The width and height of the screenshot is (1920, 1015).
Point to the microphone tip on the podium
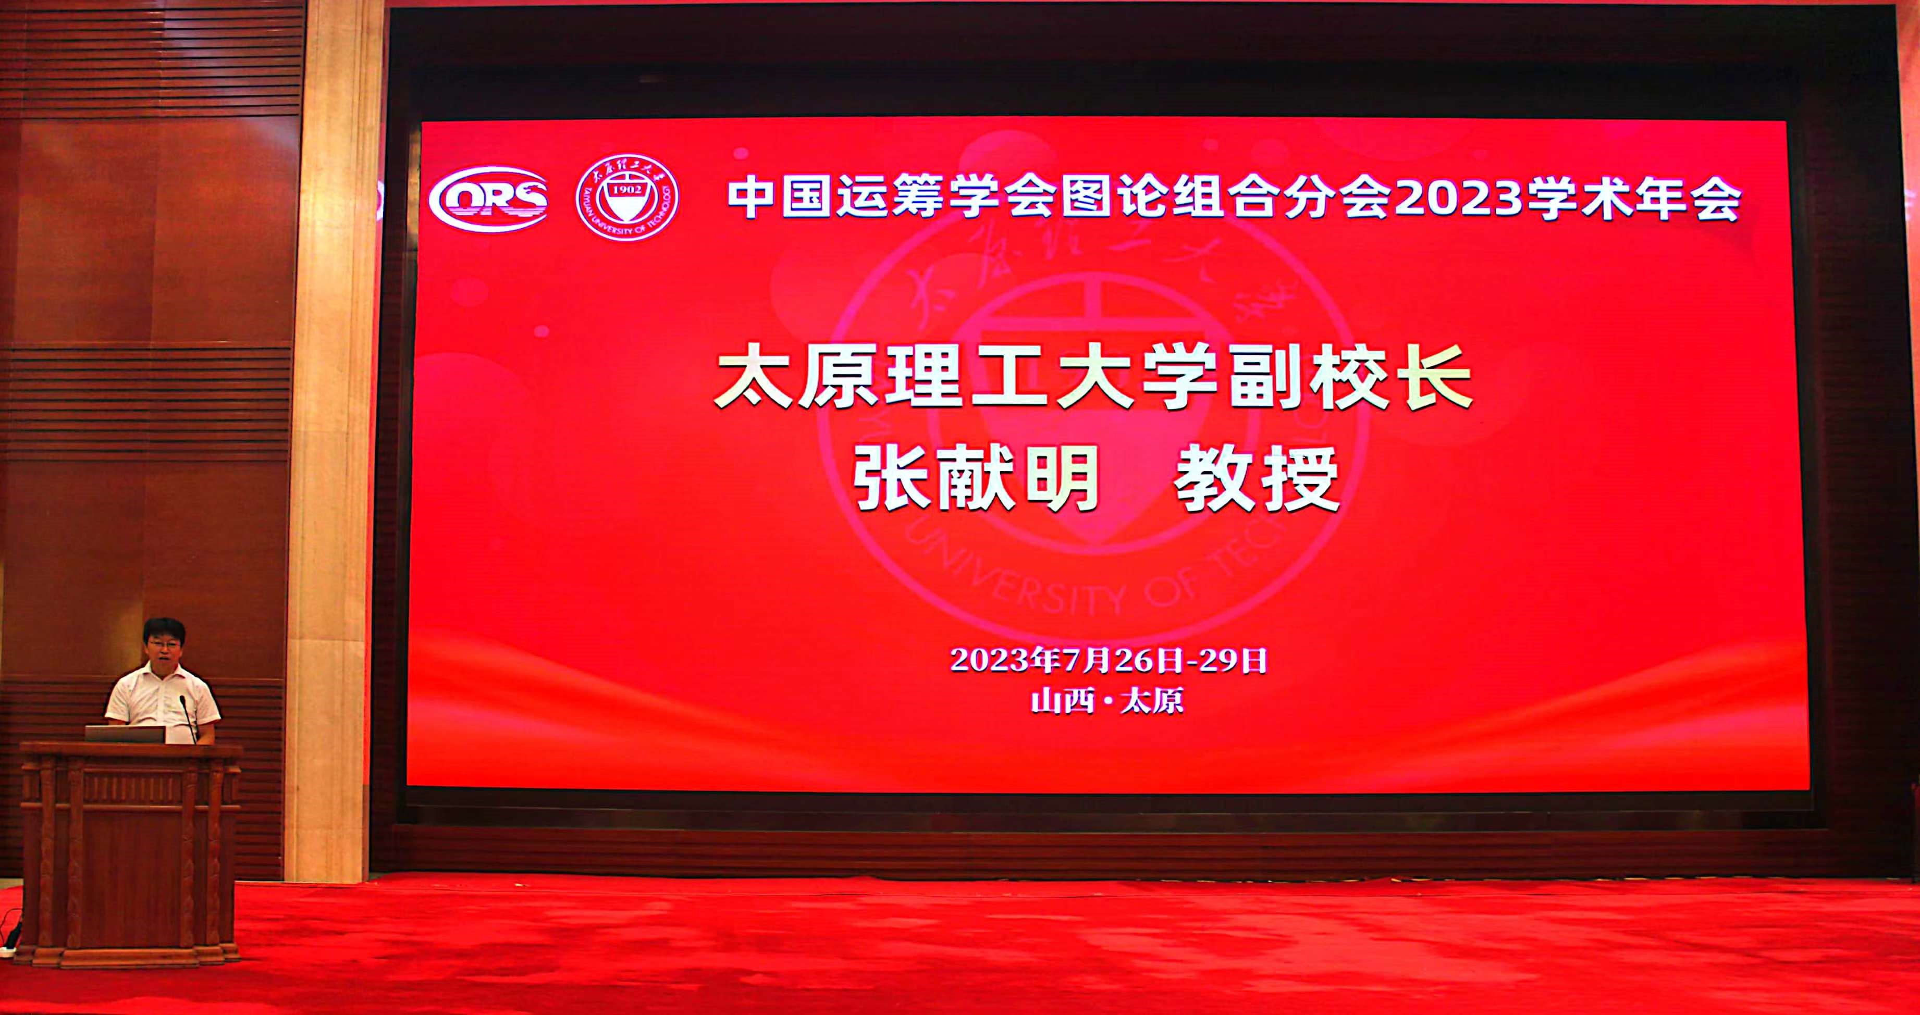[x=182, y=699]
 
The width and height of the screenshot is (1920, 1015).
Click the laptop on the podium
[x=125, y=734]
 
